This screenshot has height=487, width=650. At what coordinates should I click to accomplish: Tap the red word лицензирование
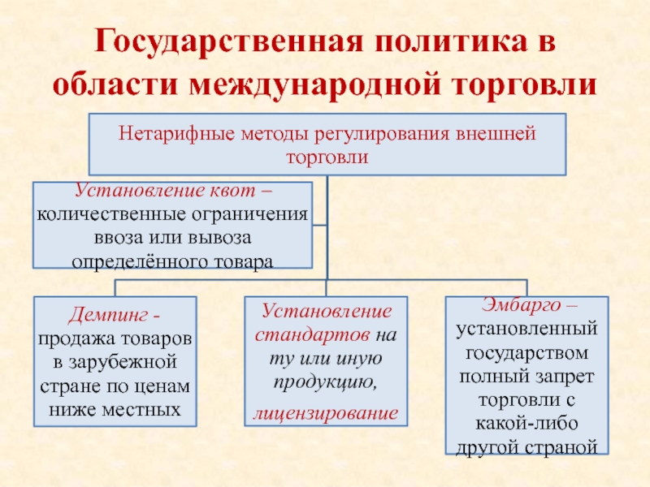click(326, 413)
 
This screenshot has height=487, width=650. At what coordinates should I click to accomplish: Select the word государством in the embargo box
click(526, 355)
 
